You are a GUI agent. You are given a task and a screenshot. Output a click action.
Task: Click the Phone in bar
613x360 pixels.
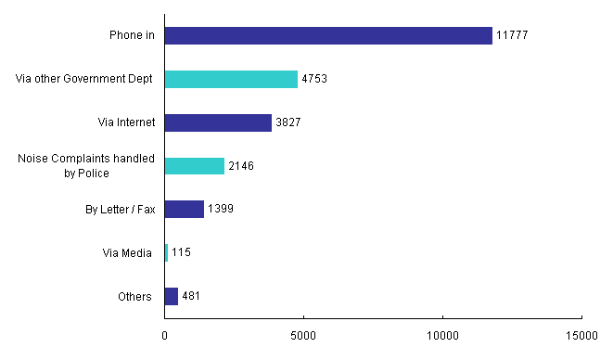coord(328,35)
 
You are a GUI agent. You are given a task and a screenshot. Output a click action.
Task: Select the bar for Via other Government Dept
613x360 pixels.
coord(231,79)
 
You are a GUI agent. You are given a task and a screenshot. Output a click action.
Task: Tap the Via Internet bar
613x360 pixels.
coord(218,122)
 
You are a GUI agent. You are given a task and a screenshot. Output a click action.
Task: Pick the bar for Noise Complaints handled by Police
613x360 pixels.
coord(195,166)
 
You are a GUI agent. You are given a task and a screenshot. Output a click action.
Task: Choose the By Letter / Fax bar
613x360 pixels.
coord(185,210)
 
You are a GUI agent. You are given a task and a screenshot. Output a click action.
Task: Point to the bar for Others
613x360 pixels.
coord(172,296)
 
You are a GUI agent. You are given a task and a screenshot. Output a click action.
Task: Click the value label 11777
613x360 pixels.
coord(512,35)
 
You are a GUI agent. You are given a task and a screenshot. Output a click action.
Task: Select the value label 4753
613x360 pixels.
coord(315,79)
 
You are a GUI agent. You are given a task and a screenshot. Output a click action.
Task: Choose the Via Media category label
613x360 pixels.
coord(127,252)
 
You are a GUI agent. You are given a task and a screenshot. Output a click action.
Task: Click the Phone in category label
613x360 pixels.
coord(130,36)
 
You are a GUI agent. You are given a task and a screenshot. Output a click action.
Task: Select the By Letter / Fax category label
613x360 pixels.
coord(119,210)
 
